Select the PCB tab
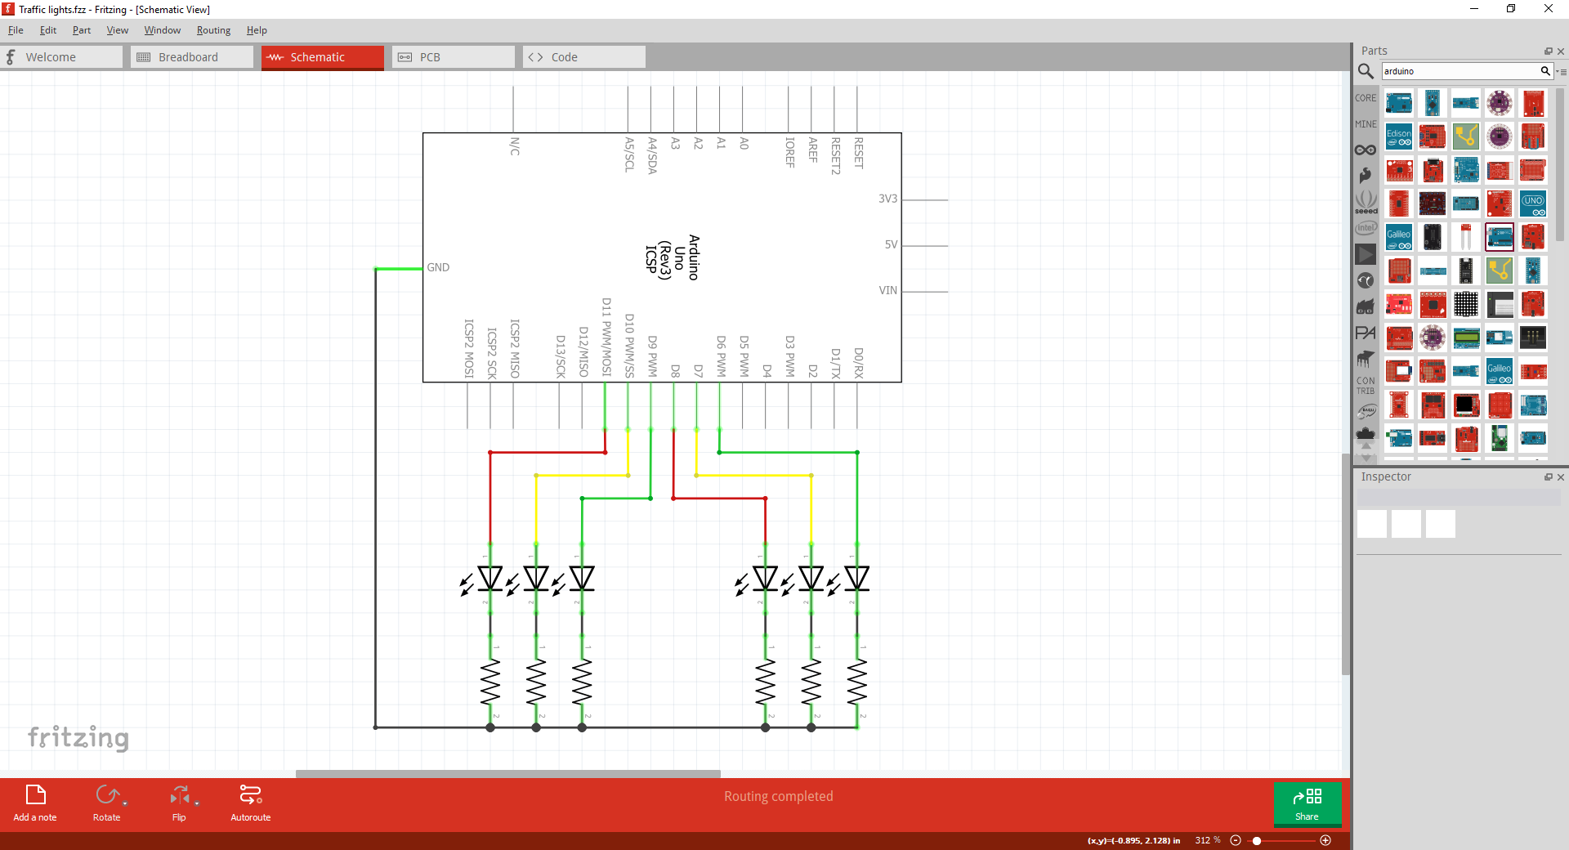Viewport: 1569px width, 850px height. click(429, 57)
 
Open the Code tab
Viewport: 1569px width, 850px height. click(564, 57)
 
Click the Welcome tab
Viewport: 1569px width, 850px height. click(51, 57)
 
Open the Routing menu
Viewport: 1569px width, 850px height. click(213, 30)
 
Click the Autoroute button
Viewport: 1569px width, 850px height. click(250, 803)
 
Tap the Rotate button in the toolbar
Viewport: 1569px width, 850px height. click(107, 803)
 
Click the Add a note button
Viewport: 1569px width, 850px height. click(35, 803)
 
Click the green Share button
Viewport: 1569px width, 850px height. click(1307, 803)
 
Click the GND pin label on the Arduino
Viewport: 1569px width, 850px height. click(438, 267)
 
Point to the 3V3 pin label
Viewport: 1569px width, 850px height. click(887, 199)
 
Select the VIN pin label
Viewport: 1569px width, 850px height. click(887, 290)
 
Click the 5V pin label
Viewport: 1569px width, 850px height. click(891, 244)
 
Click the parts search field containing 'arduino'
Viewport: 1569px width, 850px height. click(1459, 71)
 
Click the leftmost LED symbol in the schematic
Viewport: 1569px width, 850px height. click(489, 579)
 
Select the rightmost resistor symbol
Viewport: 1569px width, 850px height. click(857, 682)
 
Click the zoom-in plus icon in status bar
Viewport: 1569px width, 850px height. click(1325, 840)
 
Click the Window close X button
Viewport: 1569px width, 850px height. click(1548, 9)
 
